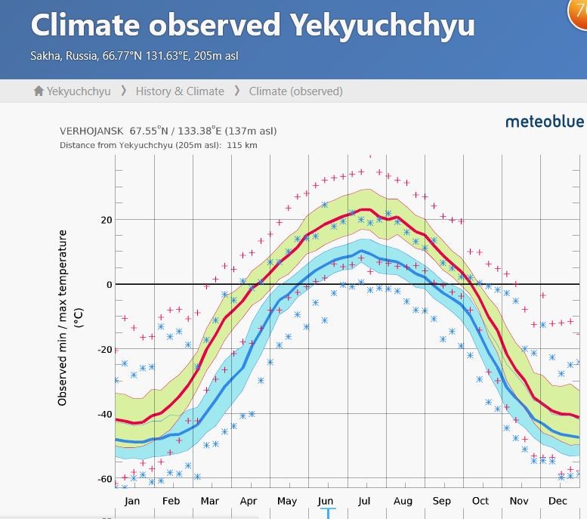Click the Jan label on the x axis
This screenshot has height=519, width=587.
click(x=131, y=501)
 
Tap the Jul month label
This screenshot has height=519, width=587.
click(x=364, y=501)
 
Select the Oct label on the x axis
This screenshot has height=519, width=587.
click(x=480, y=501)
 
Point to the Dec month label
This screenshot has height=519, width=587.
click(x=558, y=501)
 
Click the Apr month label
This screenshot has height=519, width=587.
click(x=248, y=501)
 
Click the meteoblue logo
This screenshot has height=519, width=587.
click(x=544, y=121)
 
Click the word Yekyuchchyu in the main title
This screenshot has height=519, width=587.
click(x=382, y=26)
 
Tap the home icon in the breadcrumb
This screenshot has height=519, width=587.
click(x=39, y=91)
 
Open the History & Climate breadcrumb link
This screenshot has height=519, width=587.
click(x=180, y=91)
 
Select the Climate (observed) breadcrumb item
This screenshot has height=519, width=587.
click(x=295, y=91)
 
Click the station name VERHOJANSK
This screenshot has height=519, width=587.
click(x=91, y=131)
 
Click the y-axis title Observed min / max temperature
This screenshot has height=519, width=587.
click(x=63, y=317)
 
